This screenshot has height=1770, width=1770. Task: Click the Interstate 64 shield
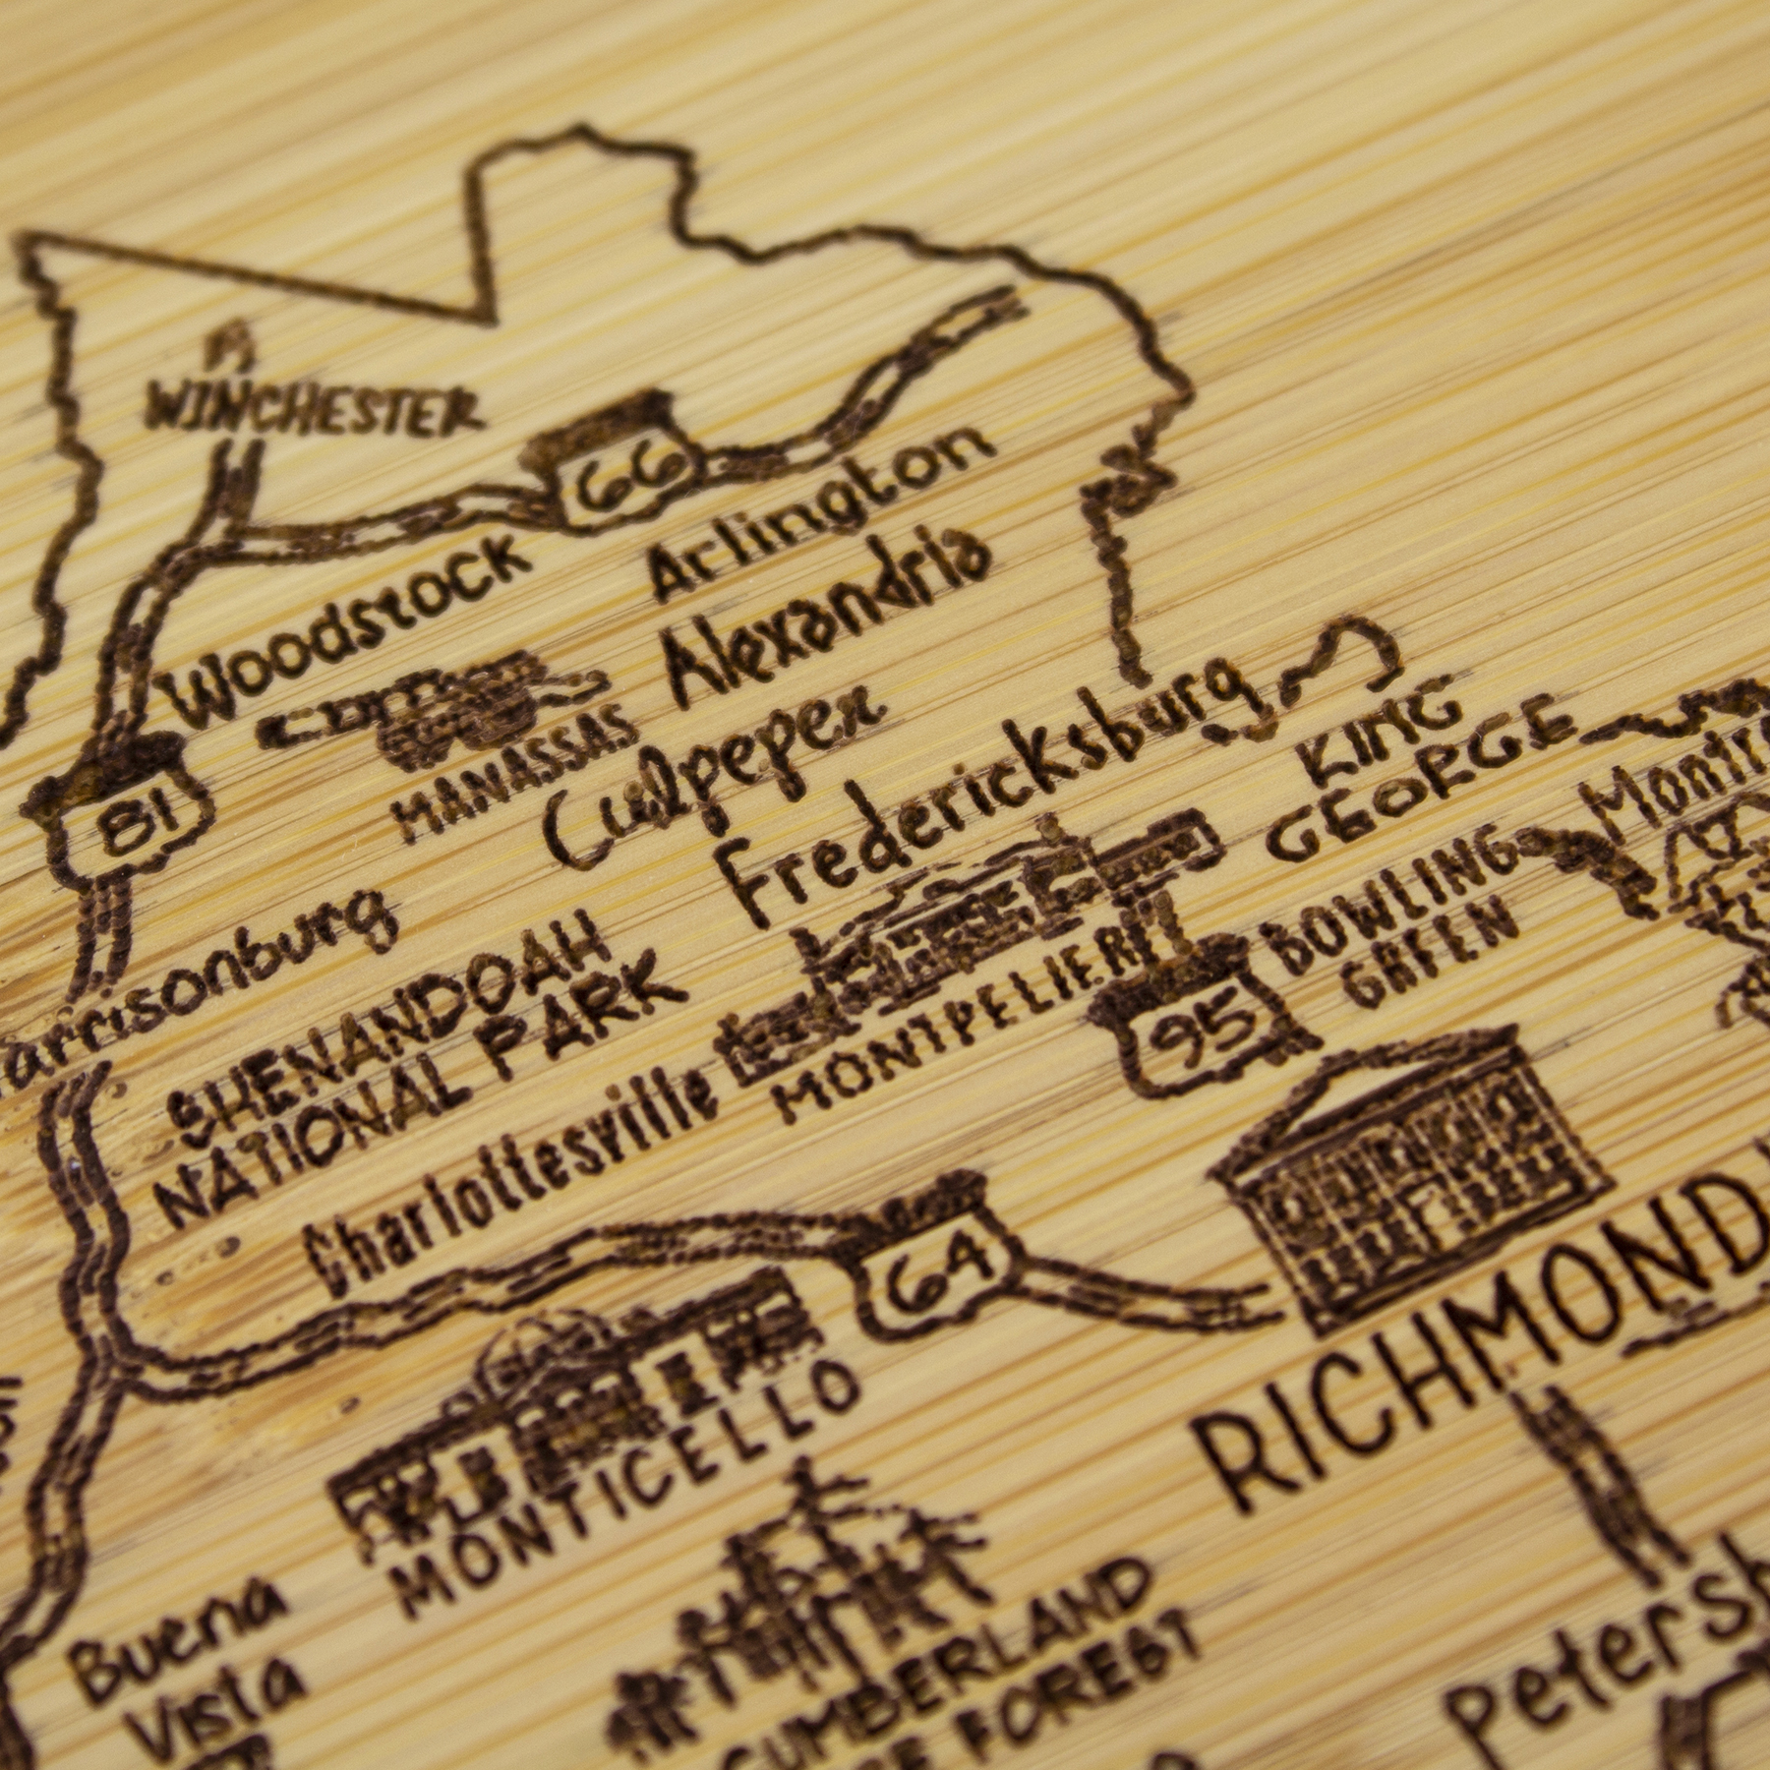click(x=934, y=1269)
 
